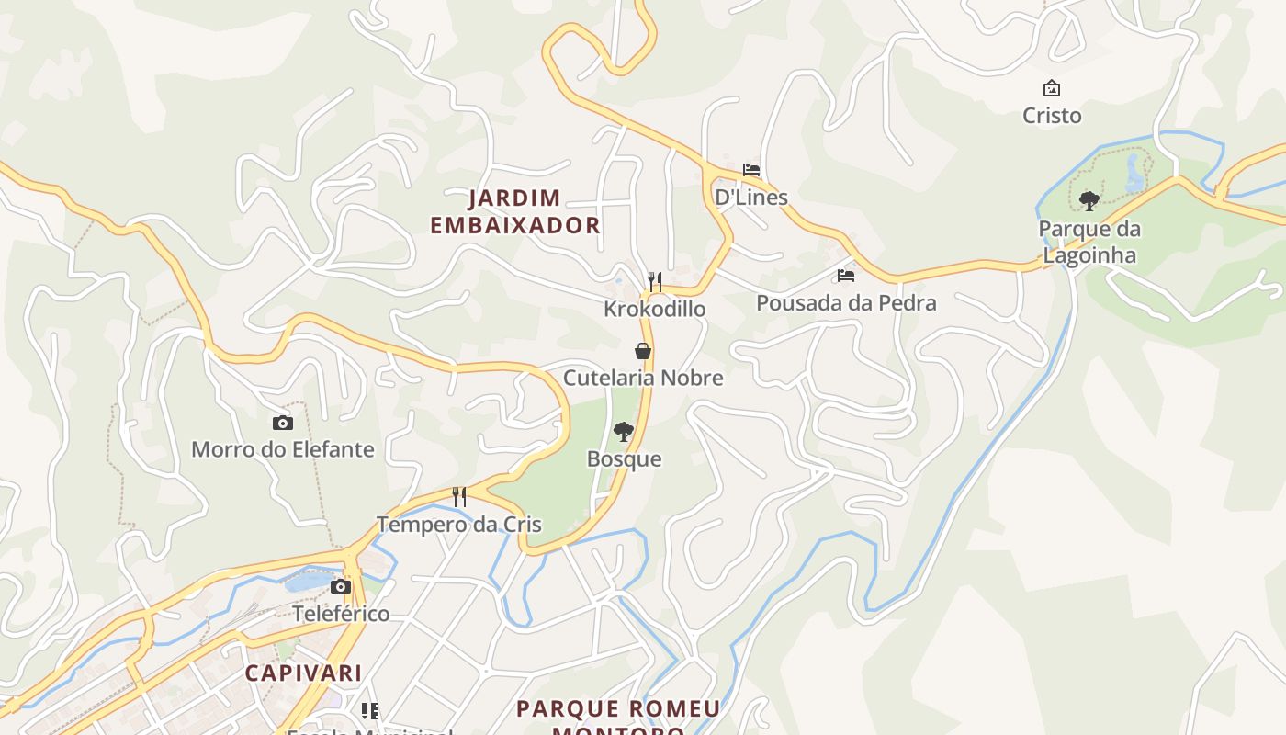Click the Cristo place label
(1052, 116)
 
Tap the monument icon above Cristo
(1052, 88)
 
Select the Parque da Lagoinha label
(1089, 242)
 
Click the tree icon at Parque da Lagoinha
(1089, 200)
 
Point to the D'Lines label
(751, 197)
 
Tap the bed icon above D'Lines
(751, 170)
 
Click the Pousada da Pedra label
(846, 302)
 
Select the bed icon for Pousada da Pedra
(846, 275)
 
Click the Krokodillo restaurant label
(655, 309)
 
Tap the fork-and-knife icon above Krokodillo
(655, 281)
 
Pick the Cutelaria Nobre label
(643, 378)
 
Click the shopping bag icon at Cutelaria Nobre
(643, 350)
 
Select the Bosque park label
(624, 458)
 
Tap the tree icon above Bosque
(624, 431)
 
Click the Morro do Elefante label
(283, 449)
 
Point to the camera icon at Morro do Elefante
(283, 423)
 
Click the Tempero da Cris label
(459, 525)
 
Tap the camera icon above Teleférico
(341, 586)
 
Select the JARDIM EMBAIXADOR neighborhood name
(515, 211)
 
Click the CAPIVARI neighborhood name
(303, 673)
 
